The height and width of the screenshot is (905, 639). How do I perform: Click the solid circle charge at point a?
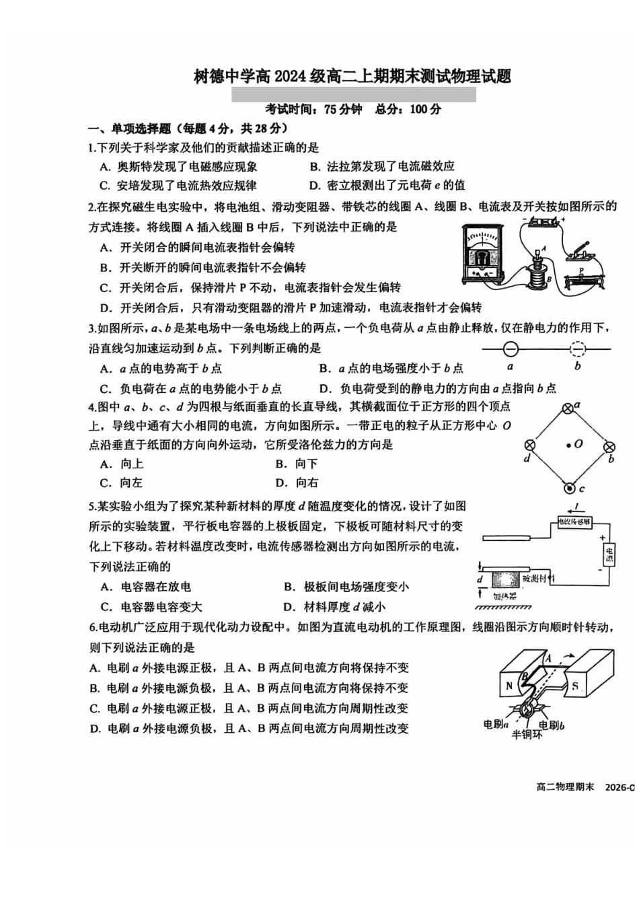tap(511, 349)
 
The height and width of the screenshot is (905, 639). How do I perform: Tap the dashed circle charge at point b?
tap(577, 349)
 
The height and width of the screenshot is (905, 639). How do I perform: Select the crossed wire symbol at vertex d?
tap(529, 445)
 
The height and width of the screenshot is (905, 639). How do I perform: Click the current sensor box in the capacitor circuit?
tap(574, 521)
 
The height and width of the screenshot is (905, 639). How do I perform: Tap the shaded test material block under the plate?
tap(505, 578)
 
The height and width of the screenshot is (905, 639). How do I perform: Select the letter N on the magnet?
tap(509, 686)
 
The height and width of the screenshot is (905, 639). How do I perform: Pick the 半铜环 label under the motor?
tap(527, 734)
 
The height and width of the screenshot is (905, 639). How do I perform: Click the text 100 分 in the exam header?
tap(425, 109)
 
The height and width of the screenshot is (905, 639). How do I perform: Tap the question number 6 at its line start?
tap(93, 627)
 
